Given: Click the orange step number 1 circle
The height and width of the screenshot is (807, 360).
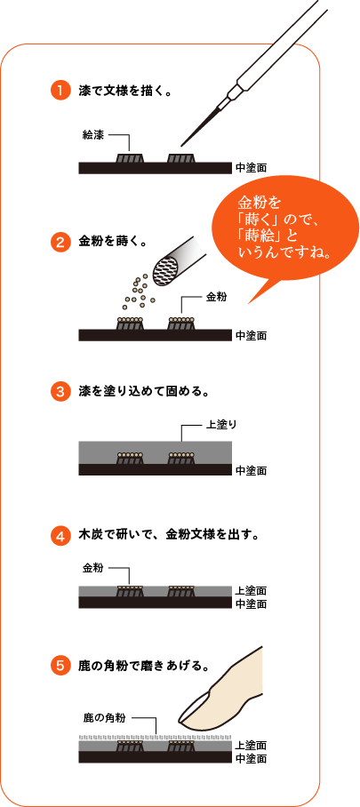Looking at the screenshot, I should [60, 91].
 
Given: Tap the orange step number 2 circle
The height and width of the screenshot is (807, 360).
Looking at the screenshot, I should [60, 240].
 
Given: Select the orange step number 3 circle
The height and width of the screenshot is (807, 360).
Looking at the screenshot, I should [60, 390].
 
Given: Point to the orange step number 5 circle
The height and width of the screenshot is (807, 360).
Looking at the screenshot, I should [60, 664].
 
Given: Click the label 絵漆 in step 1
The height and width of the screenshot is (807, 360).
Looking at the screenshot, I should [94, 136].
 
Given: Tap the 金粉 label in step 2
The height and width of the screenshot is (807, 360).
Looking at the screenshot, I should [217, 298].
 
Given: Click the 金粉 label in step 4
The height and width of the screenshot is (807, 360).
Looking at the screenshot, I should [94, 566].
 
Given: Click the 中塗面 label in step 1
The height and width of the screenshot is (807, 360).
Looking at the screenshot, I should [251, 167].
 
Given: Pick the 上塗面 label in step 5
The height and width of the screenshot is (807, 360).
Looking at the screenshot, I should [251, 745].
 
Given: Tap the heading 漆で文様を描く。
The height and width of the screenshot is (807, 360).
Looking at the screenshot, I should [124, 91].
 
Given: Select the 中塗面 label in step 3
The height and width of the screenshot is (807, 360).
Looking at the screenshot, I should [251, 470].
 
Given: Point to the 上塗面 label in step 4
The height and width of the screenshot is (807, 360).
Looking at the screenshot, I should [251, 591].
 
